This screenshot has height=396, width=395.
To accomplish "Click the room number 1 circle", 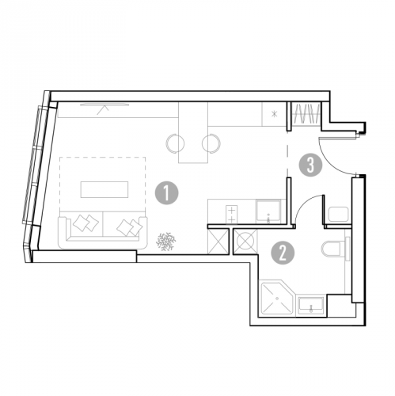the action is tap(166, 193).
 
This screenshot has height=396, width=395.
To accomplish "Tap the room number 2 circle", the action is tap(283, 253).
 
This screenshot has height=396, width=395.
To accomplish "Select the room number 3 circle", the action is tap(310, 166).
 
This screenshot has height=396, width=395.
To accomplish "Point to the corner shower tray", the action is tap(277, 298).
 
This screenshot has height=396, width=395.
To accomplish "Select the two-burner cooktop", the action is tap(232, 215).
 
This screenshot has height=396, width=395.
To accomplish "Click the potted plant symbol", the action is tap(166, 242).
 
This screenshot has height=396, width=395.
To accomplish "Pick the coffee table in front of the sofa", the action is tap(104, 189).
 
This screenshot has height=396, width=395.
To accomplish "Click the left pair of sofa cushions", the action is tap(85, 223).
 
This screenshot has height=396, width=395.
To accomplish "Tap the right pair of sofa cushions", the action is tap(130, 227).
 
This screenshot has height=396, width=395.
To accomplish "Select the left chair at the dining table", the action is tap(174, 143).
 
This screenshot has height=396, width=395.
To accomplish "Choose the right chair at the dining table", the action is tap(212, 143).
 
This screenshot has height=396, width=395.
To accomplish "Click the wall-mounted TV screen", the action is tap(104, 105).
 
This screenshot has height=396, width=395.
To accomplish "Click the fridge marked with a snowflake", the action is tap(274, 114).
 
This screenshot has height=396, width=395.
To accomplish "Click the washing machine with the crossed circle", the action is tap(245, 242).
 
